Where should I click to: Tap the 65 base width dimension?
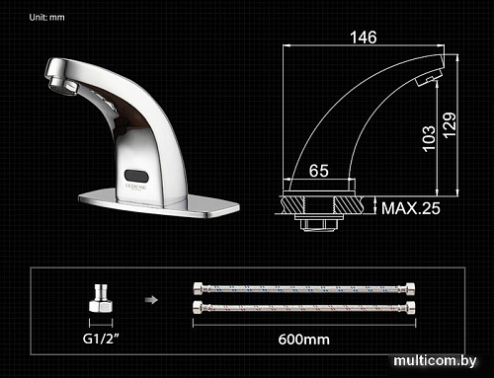(319, 171)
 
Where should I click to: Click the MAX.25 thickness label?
(411, 208)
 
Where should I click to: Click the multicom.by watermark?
(433, 363)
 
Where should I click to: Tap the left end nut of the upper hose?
(199, 289)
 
